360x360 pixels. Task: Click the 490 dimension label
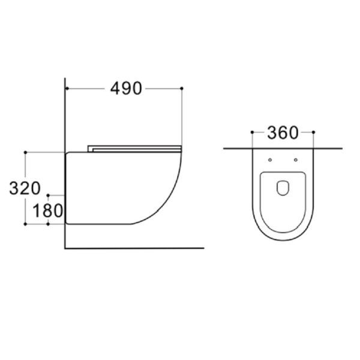point(126,88)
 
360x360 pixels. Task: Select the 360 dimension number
point(283,133)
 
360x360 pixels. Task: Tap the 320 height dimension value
point(25,188)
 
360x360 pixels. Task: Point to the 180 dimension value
point(48,211)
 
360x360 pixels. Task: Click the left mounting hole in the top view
point(270,160)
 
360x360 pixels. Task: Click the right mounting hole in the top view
point(296,160)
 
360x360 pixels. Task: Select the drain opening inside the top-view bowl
point(283,188)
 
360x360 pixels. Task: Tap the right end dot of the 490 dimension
point(182,88)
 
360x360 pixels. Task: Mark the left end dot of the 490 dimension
point(67,88)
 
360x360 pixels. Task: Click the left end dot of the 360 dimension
point(252,132)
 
